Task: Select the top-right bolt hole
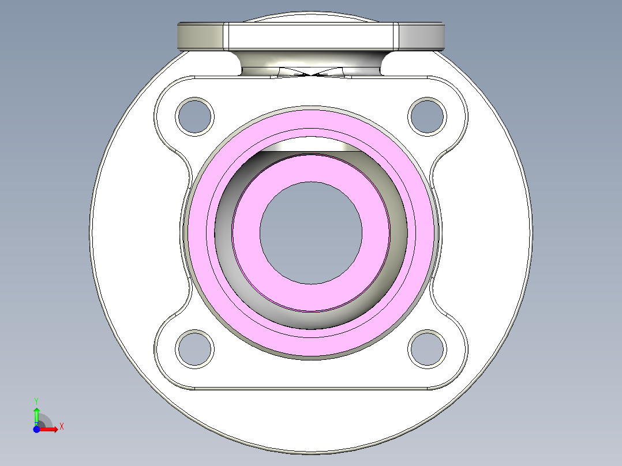point(427,116)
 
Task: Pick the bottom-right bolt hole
point(427,348)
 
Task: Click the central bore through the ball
point(311,232)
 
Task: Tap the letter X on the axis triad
point(61,427)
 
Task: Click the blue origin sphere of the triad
point(36,429)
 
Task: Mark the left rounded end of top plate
point(199,36)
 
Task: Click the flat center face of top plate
point(311,36)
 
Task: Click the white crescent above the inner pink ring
point(311,146)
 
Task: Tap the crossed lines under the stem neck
point(312,74)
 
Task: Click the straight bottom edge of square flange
point(311,389)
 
